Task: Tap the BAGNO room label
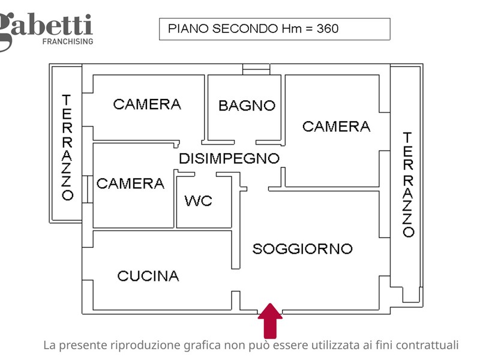coord(247,106)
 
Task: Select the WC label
coord(199,201)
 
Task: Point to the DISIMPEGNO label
coord(229,158)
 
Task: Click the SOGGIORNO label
coord(302,249)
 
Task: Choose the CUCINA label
coord(148,276)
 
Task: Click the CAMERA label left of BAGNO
coord(147,104)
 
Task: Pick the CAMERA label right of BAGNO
coord(337,127)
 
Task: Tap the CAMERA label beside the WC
coord(130,184)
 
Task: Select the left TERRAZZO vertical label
coord(67,148)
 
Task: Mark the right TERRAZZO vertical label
coord(408,185)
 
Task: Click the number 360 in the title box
coord(328,29)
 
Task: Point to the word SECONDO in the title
coord(245,29)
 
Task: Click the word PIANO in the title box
coord(188,29)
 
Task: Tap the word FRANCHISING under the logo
coord(68,41)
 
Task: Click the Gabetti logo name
coord(46,28)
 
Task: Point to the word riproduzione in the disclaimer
coord(145,346)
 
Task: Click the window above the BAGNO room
coord(256,69)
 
